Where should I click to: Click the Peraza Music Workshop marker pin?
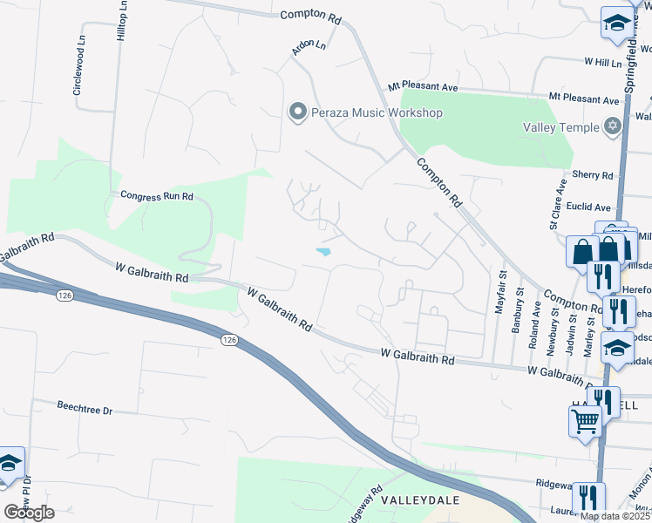coord(297,112)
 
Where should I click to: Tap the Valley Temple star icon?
coord(613,127)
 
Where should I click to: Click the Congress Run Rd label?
coord(157,196)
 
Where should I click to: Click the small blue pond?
coord(323,252)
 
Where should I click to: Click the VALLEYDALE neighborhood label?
coord(414,502)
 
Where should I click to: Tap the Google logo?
coord(29,512)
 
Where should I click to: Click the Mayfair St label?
coord(501,292)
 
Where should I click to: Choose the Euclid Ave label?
coord(592,207)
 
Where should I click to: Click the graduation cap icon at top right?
coord(617,23)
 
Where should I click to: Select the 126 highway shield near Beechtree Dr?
coord(229,339)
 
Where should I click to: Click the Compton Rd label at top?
coord(310,16)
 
